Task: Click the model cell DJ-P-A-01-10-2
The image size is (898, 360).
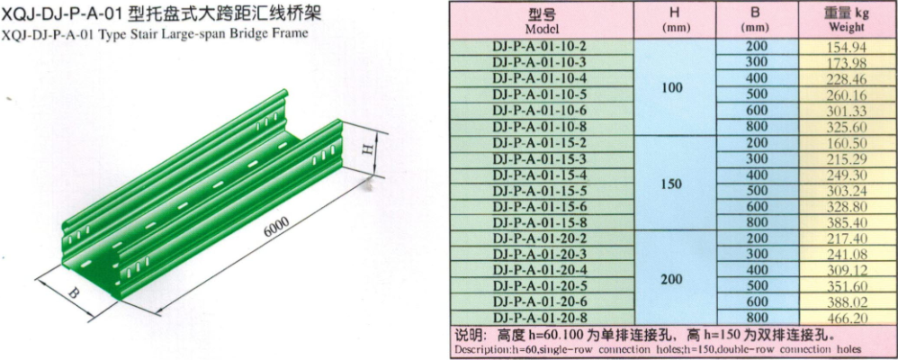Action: (x=541, y=47)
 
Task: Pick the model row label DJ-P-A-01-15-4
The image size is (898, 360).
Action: (x=541, y=175)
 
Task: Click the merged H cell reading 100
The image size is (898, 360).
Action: (x=672, y=87)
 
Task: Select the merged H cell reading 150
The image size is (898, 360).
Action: (x=672, y=184)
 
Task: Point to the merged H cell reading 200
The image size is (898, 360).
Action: (x=672, y=279)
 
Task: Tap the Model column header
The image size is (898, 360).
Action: (x=541, y=20)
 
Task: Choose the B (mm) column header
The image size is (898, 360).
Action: (x=756, y=20)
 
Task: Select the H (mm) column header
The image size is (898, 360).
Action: (x=675, y=20)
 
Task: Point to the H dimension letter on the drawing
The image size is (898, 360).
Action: (x=370, y=149)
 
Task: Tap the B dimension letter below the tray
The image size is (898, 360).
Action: (x=73, y=293)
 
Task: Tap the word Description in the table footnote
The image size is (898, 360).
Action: (x=479, y=349)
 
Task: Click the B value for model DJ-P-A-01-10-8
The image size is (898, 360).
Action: (x=756, y=126)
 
